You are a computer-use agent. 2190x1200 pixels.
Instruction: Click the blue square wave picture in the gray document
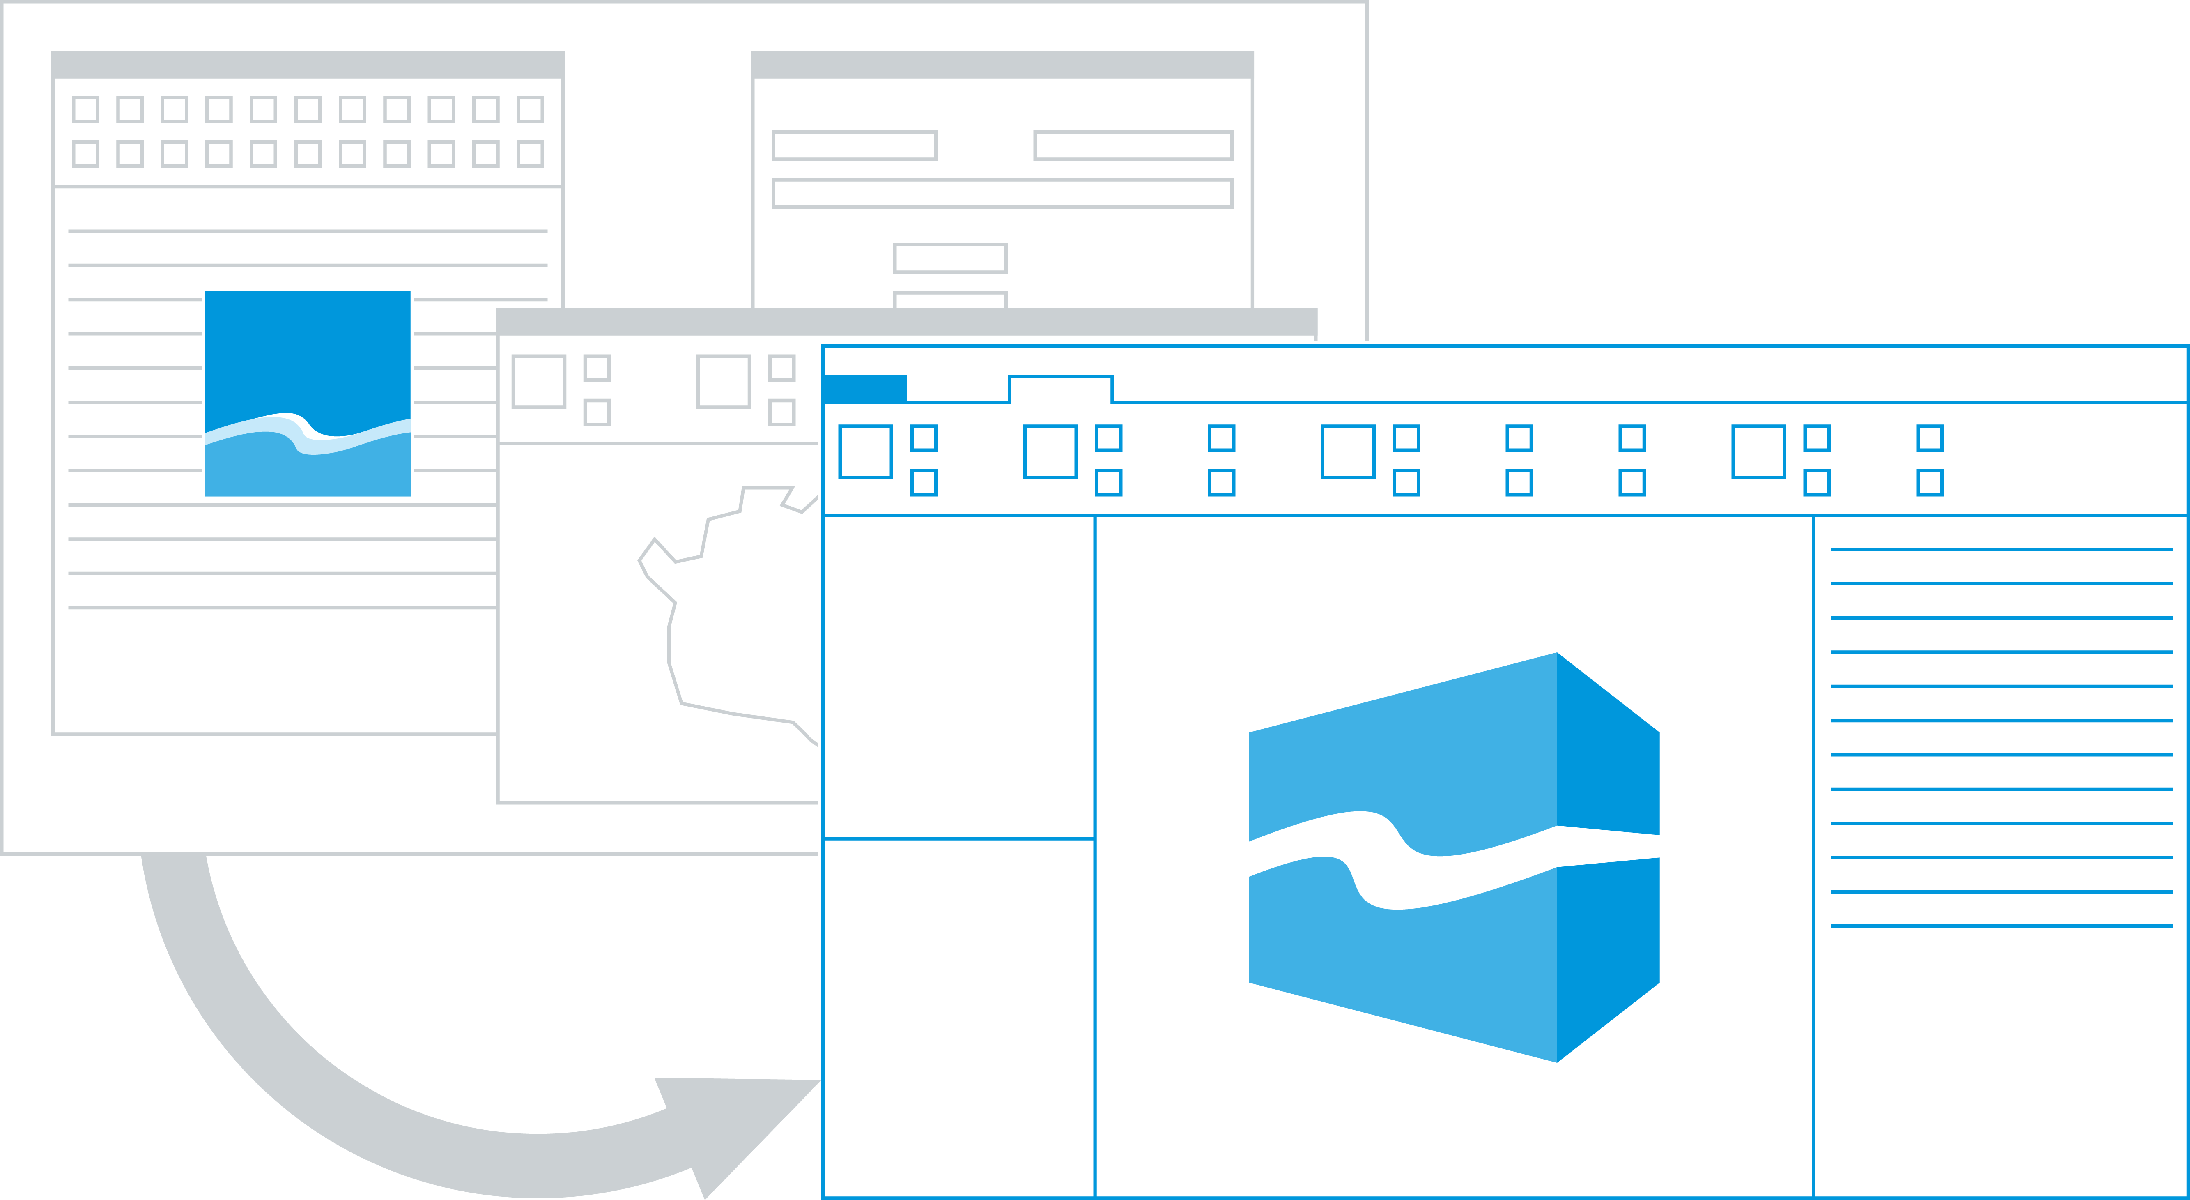pos(308,393)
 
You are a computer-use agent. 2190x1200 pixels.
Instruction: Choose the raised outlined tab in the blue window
pos(1060,389)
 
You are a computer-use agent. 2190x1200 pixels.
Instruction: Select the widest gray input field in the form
pos(1002,193)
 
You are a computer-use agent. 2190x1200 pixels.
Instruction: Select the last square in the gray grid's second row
pos(531,154)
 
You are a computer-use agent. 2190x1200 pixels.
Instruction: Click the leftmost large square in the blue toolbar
pos(866,451)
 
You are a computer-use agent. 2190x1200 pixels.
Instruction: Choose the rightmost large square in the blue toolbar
pos(1758,451)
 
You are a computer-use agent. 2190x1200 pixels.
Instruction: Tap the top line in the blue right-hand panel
pos(2001,549)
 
